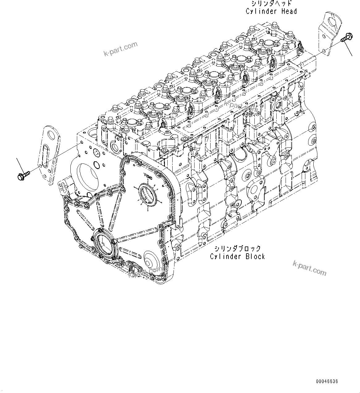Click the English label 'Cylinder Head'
pos(271,12)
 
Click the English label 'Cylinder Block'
pos(237,256)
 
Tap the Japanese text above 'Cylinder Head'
pos(271,4)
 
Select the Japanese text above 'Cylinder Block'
pos(237,248)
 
